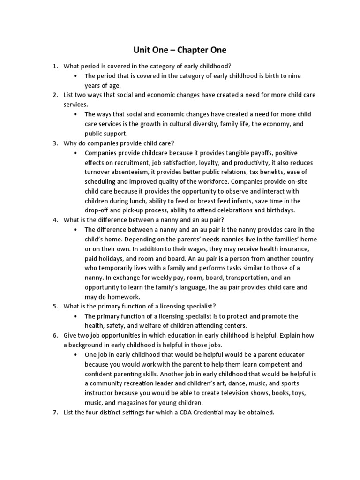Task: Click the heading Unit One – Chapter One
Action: pos(180,50)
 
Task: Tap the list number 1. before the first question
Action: pos(54,66)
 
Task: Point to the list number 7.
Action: pos(54,412)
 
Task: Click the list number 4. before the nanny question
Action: pos(54,220)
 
